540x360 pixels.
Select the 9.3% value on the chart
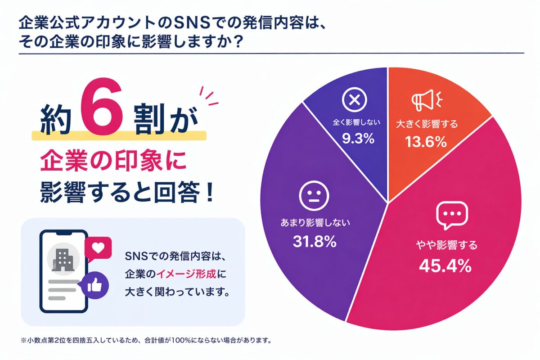[355, 138]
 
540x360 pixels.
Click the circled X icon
[355, 100]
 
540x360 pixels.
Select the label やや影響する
[446, 246]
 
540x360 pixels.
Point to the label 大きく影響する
[427, 124]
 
